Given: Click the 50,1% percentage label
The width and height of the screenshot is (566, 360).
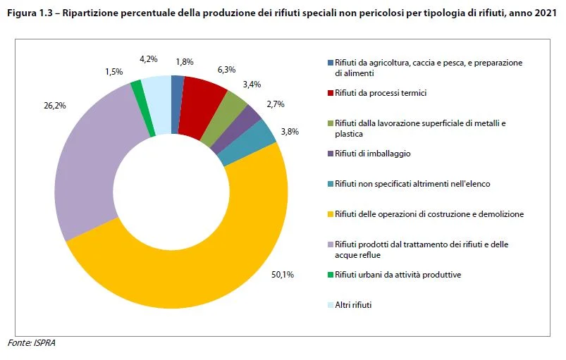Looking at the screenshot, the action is tap(283, 275).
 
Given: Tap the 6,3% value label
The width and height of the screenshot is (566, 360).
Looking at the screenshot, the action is tap(227, 70).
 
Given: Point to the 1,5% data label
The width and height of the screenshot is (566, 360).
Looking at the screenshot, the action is tap(114, 72).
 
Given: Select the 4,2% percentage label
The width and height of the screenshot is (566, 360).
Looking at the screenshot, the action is tap(149, 59).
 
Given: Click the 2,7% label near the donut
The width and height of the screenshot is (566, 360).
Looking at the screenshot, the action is tap(276, 104).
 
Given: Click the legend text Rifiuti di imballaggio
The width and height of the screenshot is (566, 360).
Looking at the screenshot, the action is tap(373, 154).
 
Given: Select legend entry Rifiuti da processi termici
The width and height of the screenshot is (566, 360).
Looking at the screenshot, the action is tap(381, 93).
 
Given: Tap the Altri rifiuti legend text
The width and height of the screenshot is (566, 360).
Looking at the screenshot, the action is tap(353, 305).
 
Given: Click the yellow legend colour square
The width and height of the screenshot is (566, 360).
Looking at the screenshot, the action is tap(331, 214).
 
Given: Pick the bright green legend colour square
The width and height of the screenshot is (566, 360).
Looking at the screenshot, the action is tap(331, 275).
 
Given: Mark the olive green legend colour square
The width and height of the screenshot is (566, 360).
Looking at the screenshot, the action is tap(331, 123).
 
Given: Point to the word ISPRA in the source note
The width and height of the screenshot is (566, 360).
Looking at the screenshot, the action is tap(44, 343).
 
